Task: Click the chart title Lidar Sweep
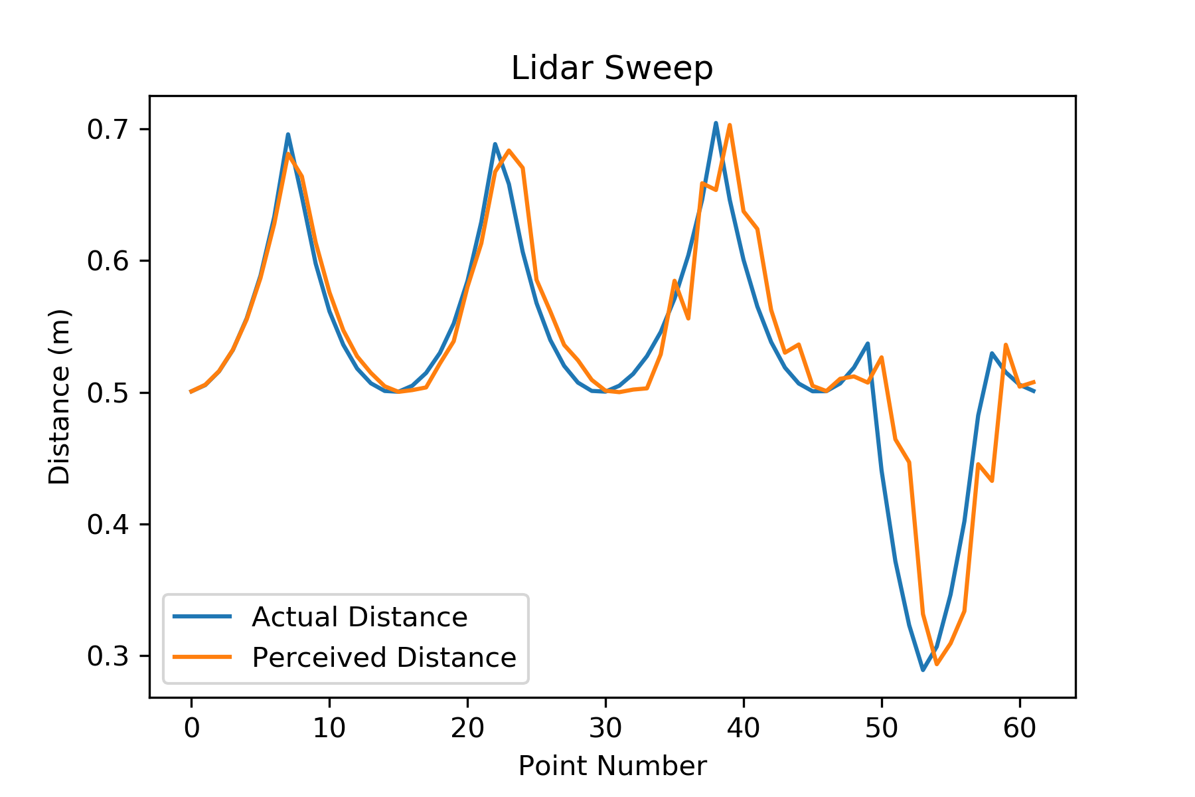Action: click(x=611, y=68)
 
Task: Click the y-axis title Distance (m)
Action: click(x=60, y=397)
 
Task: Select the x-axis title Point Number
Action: click(x=611, y=766)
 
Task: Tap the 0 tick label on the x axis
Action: click(x=191, y=729)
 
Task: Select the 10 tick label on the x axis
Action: click(x=329, y=729)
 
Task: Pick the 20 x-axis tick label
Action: click(x=467, y=729)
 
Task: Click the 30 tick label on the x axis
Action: click(x=605, y=729)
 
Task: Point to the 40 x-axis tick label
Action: click(x=744, y=729)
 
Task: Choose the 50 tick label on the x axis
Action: click(x=882, y=729)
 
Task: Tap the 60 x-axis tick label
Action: click(x=1020, y=729)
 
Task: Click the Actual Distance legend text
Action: click(x=359, y=618)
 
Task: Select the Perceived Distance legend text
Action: click(x=384, y=658)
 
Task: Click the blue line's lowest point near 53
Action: click(x=923, y=669)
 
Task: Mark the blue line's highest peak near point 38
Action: click(x=716, y=123)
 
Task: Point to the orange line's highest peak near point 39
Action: click(x=730, y=125)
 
